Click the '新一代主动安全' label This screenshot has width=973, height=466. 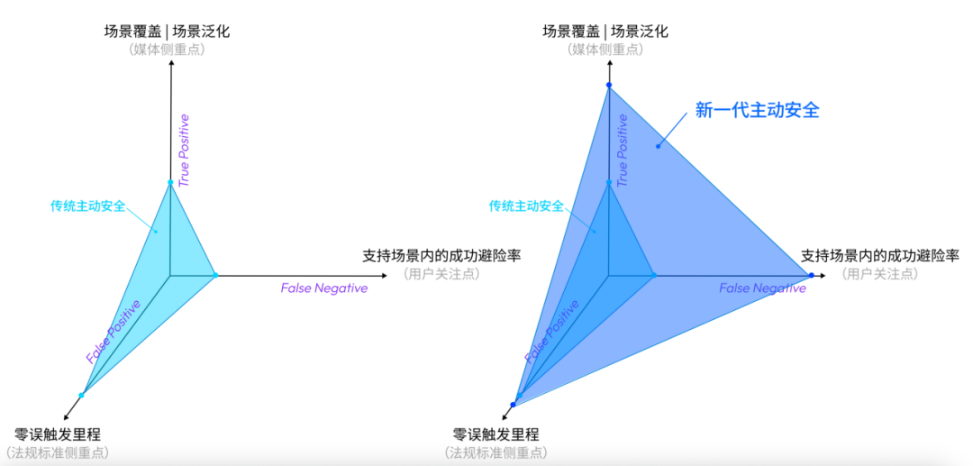point(757,110)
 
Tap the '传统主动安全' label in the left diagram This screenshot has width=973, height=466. point(88,206)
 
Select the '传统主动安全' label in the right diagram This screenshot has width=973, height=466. point(526,206)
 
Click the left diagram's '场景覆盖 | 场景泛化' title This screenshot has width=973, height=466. point(167,32)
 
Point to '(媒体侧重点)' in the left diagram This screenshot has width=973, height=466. point(167,50)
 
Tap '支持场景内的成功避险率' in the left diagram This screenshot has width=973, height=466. point(441,255)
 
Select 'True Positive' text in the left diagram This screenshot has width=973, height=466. point(185,151)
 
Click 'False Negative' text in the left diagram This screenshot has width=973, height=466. point(323,288)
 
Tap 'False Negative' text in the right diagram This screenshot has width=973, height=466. point(762,288)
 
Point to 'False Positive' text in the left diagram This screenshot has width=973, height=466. point(113,331)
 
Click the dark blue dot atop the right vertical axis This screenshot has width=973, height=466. point(609,86)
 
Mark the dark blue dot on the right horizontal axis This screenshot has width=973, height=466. point(812,275)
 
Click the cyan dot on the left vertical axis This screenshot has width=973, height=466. point(170,183)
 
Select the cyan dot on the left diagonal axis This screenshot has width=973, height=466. point(81,395)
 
